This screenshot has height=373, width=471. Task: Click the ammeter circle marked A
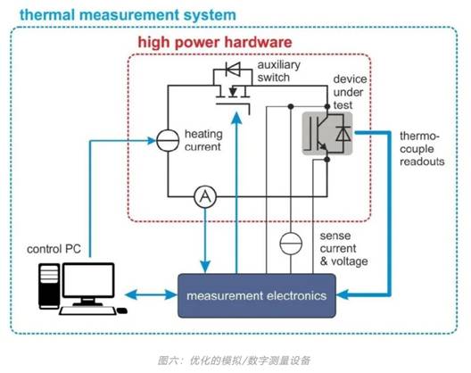pyautogui.click(x=204, y=198)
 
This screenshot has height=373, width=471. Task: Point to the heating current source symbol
pyautogui.click(x=169, y=140)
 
